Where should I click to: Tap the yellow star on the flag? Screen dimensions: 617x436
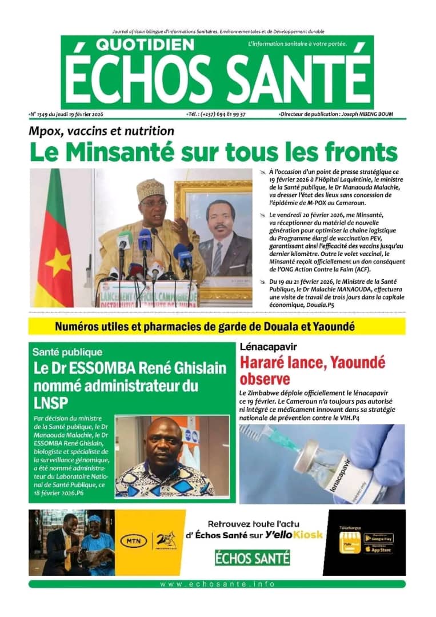[58, 262]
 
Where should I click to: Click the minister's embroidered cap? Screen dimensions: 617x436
[150, 189]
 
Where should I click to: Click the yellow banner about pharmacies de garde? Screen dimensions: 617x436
[217, 327]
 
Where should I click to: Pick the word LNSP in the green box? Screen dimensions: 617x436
[50, 401]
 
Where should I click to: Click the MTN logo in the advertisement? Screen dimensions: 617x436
[133, 540]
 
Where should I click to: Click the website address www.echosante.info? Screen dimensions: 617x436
[217, 584]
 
